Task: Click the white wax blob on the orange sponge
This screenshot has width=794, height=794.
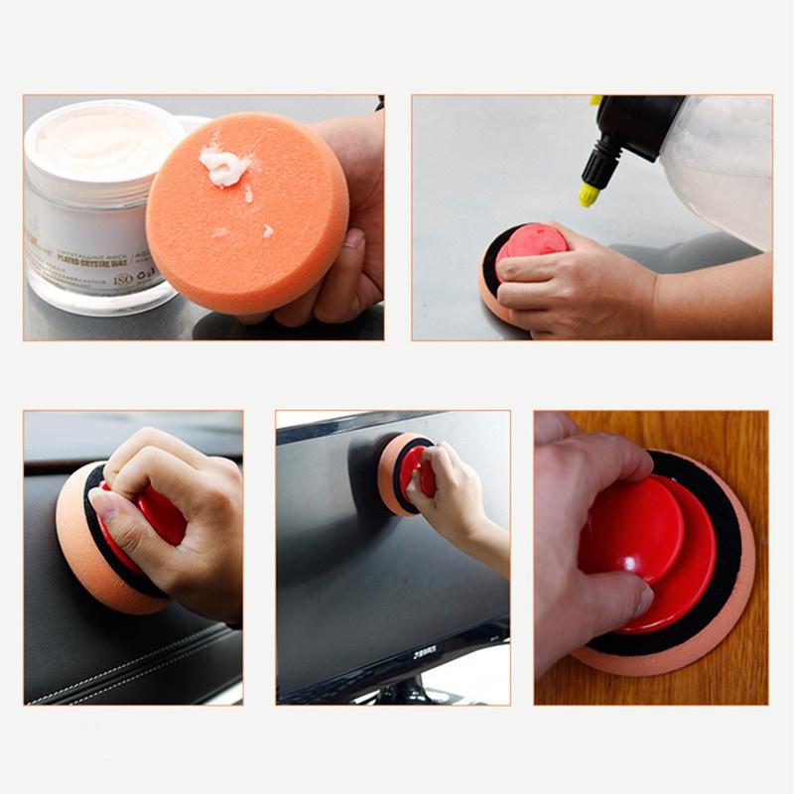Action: (224, 167)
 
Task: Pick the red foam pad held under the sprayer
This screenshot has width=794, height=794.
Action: (530, 243)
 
